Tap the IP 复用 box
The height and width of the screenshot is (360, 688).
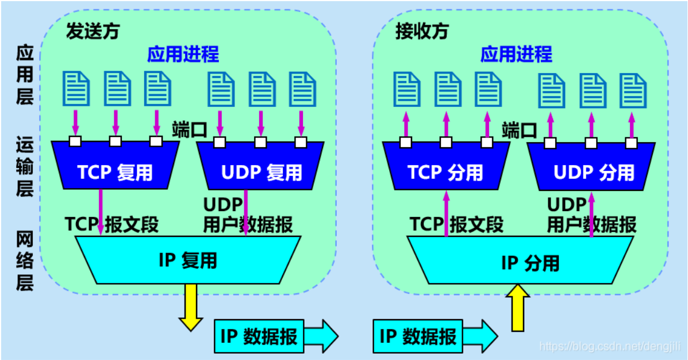pos(188,260)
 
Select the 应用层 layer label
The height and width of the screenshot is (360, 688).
pos(25,75)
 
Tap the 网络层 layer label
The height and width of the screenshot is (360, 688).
pos(25,260)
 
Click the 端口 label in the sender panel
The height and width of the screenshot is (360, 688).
pos(189,129)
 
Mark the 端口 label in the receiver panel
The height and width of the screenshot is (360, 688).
pos(518,130)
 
